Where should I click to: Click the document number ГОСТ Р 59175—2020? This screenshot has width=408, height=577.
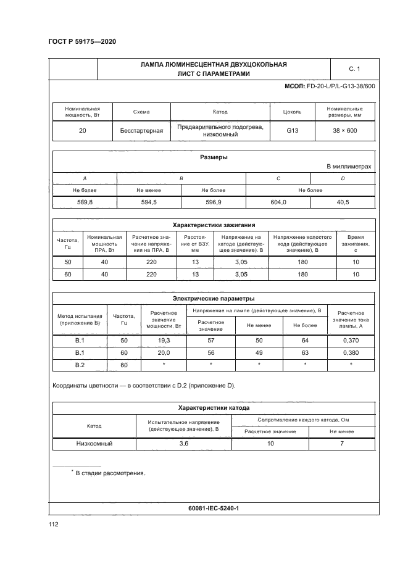click(82, 41)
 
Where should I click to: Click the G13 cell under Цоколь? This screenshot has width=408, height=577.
click(292, 131)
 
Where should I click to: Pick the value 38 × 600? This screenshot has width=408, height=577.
click(345, 131)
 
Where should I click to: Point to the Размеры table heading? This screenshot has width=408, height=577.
click(214, 157)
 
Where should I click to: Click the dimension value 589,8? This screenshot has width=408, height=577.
click(85, 202)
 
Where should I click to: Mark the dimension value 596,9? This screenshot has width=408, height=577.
click(214, 202)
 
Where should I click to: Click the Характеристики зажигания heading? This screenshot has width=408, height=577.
click(214, 225)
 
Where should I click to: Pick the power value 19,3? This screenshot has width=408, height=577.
click(164, 340)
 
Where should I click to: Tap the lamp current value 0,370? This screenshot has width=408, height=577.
click(350, 340)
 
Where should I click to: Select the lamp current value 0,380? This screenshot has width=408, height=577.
click(350, 352)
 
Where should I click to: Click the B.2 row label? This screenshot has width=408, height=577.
click(80, 365)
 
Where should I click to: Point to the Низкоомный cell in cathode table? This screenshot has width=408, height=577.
click(94, 443)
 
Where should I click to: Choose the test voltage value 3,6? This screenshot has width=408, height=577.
click(183, 443)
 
